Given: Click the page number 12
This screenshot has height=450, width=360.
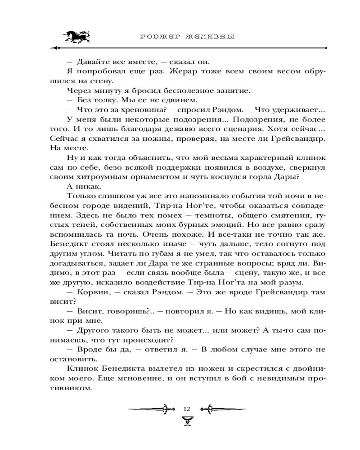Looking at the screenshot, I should tap(187, 409).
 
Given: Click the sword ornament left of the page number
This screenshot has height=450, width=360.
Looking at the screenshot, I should tap(151, 409).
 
